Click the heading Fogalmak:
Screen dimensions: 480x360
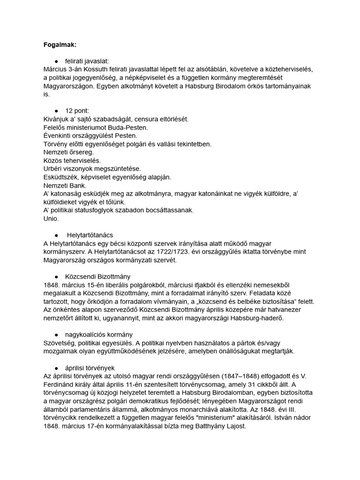pyautogui.click(x=59, y=45)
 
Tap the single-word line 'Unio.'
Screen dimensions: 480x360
pyautogui.click(x=51, y=218)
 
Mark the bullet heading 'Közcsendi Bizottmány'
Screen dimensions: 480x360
pyautogui.click(x=98, y=276)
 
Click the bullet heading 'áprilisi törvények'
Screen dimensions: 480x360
pyautogui.click(x=90, y=367)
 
